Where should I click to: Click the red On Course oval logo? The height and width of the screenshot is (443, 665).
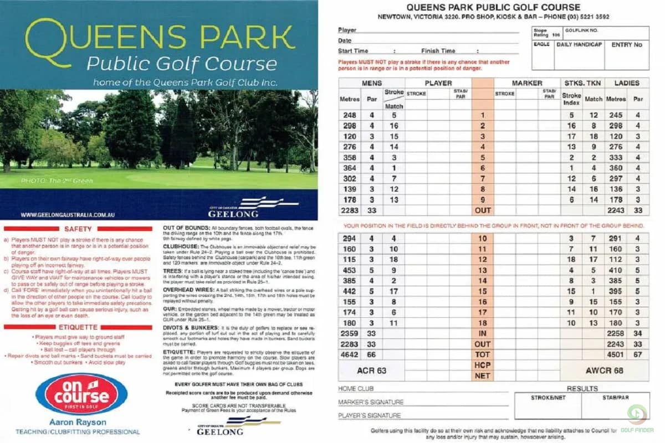pyautogui.click(x=81, y=394)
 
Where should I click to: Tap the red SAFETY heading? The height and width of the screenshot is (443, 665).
pyautogui.click(x=78, y=228)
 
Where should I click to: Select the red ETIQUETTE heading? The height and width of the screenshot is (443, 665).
pyautogui.click(x=78, y=327)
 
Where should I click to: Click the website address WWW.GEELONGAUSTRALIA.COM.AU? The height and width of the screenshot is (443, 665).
pyautogui.click(x=68, y=214)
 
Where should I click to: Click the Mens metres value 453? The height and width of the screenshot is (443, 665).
pyautogui.click(x=349, y=270)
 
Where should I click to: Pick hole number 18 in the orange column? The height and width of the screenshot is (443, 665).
pyautogui.click(x=483, y=323)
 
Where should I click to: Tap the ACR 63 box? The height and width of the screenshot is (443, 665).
pyautogui.click(x=371, y=370)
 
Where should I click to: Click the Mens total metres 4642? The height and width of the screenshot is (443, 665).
pyautogui.click(x=349, y=354)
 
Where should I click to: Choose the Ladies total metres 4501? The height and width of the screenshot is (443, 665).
pyautogui.click(x=615, y=354)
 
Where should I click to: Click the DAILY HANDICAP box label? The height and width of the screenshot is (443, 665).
pyautogui.click(x=579, y=44)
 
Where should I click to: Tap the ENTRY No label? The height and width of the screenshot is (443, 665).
pyautogui.click(x=627, y=44)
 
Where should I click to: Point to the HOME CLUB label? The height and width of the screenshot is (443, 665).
pyautogui.click(x=356, y=389)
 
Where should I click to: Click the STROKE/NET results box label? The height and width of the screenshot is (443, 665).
pyautogui.click(x=548, y=397)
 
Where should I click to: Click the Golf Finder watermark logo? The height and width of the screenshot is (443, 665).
pyautogui.click(x=637, y=418)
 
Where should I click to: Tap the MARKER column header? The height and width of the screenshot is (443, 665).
pyautogui.click(x=526, y=83)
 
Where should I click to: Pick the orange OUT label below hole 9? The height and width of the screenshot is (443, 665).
pyautogui.click(x=483, y=210)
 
